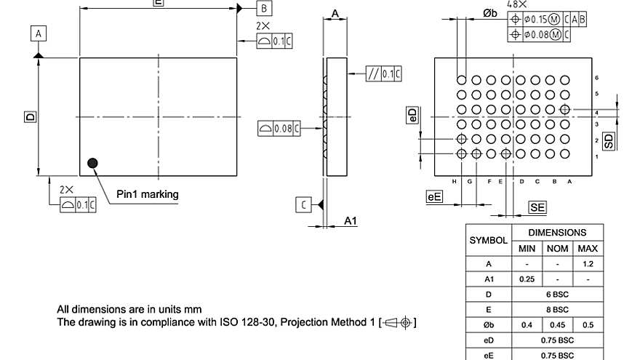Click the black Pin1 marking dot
(x=92, y=163)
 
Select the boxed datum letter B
(x=265, y=8)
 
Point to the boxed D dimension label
(x=30, y=116)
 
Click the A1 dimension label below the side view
(x=351, y=220)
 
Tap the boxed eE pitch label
(x=434, y=196)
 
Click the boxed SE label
(x=537, y=208)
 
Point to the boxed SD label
(x=609, y=141)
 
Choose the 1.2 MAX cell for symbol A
(x=587, y=263)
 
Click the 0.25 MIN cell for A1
(x=527, y=279)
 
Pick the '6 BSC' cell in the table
(x=557, y=295)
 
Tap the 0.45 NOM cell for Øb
(x=557, y=324)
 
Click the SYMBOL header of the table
(x=489, y=240)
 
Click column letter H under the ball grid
(x=454, y=181)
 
